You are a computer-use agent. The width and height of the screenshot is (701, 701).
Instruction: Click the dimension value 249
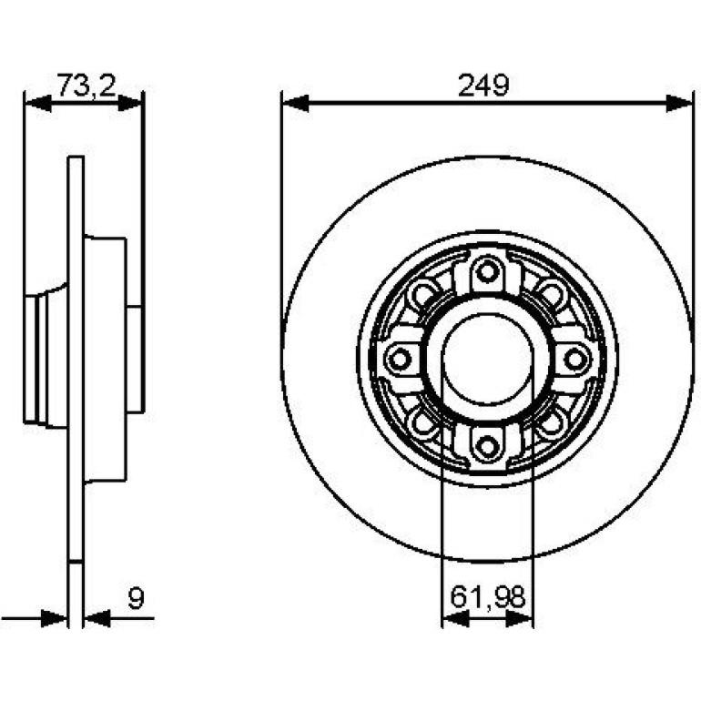[x=483, y=86]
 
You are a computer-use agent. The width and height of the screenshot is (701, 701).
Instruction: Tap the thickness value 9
[x=136, y=598]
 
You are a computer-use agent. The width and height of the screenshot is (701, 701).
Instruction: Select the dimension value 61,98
[x=487, y=597]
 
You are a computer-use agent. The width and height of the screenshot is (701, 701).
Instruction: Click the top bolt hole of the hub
[x=487, y=271]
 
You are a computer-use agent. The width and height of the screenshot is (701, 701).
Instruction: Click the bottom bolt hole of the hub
[x=487, y=446]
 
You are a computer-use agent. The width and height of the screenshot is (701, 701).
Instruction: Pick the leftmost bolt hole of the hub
[x=400, y=359]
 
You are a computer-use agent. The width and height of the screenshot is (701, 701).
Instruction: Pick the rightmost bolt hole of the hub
[x=575, y=359]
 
